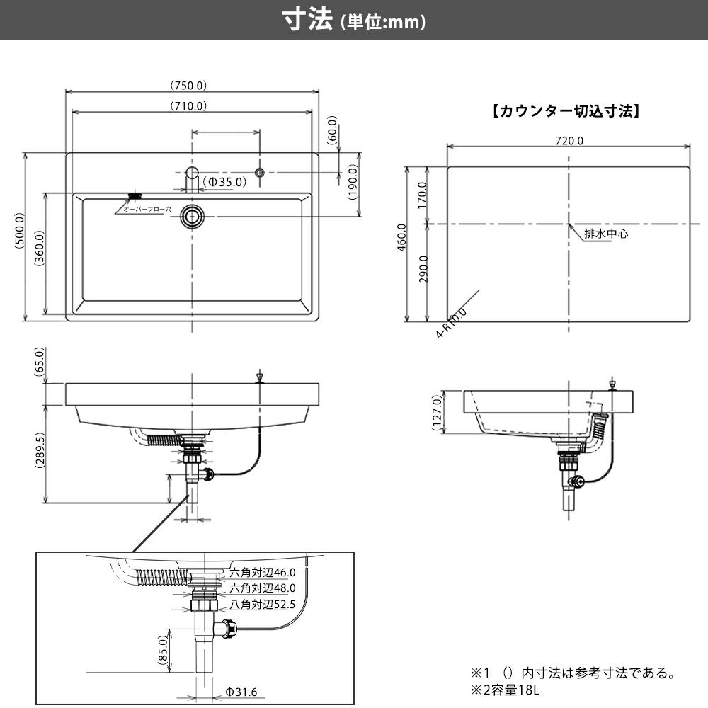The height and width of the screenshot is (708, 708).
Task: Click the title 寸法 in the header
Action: tap(307, 21)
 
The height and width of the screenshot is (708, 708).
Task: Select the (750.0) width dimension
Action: tap(188, 85)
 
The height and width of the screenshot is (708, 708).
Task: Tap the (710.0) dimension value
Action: tap(188, 106)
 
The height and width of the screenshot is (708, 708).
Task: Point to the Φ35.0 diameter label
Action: tap(224, 182)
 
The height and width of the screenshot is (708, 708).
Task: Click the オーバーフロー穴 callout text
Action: tap(143, 210)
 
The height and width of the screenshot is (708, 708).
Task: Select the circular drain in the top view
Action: tap(191, 215)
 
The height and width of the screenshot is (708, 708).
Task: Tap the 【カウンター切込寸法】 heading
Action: tap(566, 110)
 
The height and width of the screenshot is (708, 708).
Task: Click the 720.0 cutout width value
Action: tap(569, 141)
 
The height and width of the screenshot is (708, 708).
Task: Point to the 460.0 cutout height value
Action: tap(402, 237)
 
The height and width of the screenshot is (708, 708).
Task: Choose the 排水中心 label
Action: tap(605, 233)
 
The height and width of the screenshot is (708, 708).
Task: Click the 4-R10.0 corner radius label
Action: tap(452, 322)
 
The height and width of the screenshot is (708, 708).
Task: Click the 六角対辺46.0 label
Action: tap(262, 572)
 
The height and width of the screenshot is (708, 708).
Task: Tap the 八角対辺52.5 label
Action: tap(262, 605)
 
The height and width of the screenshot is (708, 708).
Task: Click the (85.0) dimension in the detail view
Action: tap(163, 650)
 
